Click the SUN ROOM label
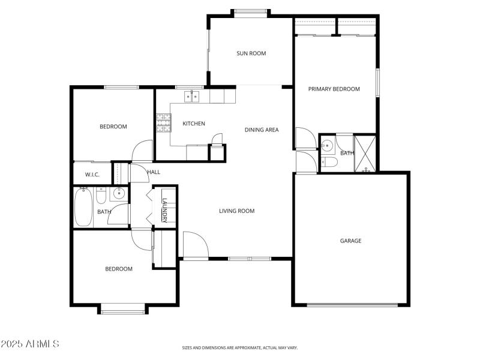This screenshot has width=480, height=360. pos(251,53)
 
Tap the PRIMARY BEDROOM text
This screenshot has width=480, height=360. pos(334,89)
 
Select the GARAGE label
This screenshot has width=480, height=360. pos(351,241)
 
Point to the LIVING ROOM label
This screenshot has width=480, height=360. pos(236,211)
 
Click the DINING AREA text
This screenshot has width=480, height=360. pos(262,130)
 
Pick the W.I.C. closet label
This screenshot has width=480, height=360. pos(92,175)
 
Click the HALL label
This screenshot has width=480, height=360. pos(154,172)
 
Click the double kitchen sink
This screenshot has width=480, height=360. pos(192,95)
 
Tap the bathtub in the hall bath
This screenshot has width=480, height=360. pos(83,208)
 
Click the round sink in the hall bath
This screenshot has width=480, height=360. pos(119,193)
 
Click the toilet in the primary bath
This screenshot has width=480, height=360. pos(328,163)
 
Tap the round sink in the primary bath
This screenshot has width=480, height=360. pos(327,145)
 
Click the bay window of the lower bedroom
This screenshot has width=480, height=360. pos(122,310)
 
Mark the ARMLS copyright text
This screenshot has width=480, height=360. pos(30,344)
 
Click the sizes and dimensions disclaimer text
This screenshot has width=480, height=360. pos(239,347)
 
